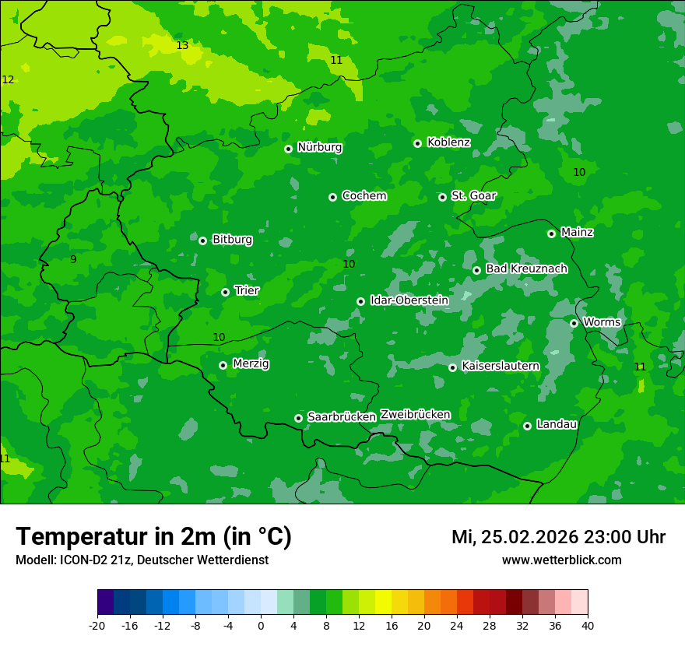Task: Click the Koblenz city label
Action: click(x=448, y=142)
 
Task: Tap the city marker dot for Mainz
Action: click(x=551, y=233)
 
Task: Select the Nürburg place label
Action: click(x=319, y=147)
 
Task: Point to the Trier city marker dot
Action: click(x=225, y=292)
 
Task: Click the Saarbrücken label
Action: click(x=342, y=417)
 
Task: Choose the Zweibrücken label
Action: click(x=415, y=415)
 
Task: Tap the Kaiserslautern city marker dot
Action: click(x=452, y=367)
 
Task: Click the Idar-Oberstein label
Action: click(x=409, y=300)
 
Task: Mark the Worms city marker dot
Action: click(x=574, y=323)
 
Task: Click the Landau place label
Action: click(x=557, y=424)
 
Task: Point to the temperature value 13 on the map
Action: click(x=182, y=46)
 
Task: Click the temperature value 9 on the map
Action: click(x=73, y=259)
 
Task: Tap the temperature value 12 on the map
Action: click(x=8, y=80)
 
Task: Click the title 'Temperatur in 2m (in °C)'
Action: click(x=153, y=537)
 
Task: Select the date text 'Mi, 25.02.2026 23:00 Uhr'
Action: click(x=558, y=537)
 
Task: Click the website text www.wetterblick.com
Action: click(x=561, y=560)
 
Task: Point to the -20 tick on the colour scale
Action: click(x=97, y=626)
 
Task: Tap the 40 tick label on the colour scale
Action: click(x=588, y=626)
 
